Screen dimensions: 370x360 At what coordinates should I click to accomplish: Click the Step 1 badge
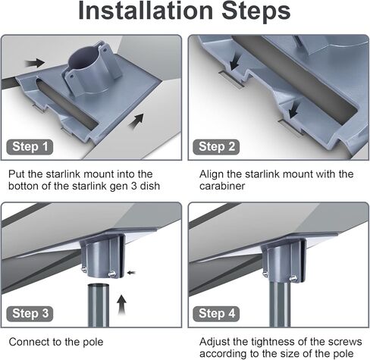30,146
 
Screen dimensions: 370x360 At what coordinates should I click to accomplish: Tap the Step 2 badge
216,146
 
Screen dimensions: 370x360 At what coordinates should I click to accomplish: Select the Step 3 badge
30,314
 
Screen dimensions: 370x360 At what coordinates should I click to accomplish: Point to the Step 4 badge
216,314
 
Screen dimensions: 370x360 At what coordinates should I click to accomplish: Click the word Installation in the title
146,11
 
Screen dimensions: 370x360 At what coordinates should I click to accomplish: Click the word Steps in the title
256,11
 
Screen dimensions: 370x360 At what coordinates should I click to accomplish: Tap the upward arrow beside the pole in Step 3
122,305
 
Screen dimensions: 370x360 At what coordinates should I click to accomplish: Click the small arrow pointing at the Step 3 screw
131,273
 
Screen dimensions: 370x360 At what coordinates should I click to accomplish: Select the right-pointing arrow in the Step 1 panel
35,63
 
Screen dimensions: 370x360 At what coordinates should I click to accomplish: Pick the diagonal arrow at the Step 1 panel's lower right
136,121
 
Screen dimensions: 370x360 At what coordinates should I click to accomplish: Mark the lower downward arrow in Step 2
293,110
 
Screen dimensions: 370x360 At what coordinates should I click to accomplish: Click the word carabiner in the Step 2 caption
222,186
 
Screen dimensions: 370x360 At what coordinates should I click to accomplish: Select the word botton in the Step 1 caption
20,186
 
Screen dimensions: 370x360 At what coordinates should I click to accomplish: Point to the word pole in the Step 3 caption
93,342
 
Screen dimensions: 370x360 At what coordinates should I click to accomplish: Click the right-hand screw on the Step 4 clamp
293,278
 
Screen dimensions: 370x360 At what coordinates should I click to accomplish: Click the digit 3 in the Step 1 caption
134,186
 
